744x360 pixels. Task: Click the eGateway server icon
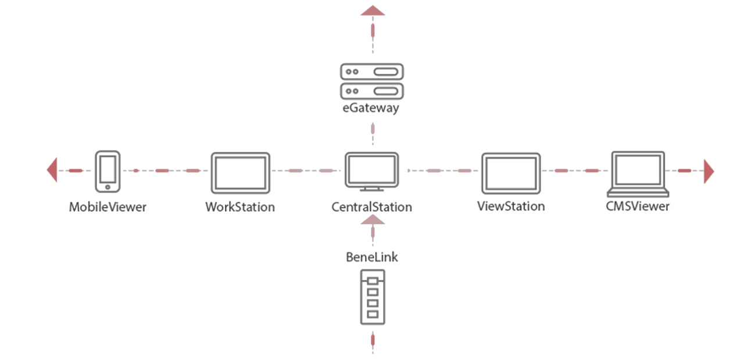372,81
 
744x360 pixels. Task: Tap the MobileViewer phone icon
107,172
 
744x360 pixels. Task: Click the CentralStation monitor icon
372,169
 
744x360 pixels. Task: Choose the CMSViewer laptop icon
638,173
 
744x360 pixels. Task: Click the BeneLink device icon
372,296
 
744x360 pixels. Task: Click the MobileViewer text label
108,206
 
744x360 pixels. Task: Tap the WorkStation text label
240,206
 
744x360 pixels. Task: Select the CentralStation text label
372,206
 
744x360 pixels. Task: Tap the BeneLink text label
372,256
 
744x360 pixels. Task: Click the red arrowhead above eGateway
373,10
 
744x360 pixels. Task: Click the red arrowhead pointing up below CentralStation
373,219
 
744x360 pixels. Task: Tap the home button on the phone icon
108,187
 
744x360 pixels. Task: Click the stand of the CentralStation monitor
372,188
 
